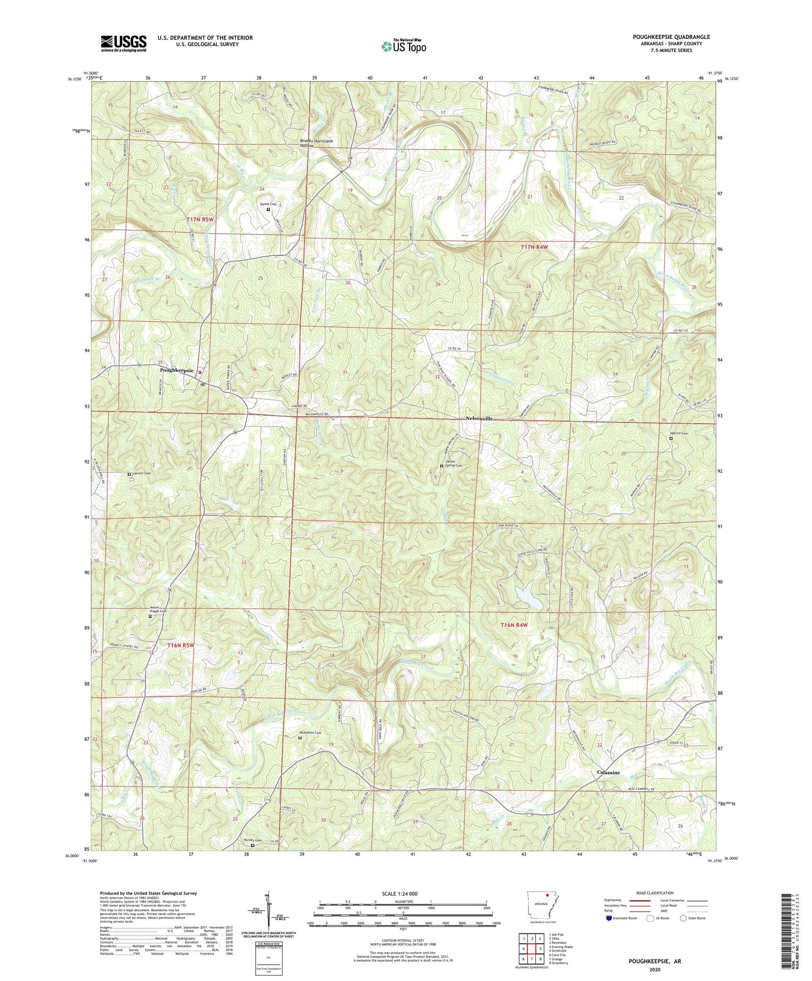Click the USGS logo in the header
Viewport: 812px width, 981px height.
(x=123, y=43)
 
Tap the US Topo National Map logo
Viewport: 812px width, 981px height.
(x=403, y=46)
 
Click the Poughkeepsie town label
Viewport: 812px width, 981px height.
(x=176, y=371)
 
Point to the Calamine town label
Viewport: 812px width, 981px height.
(x=608, y=772)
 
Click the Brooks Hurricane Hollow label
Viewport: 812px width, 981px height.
(x=317, y=143)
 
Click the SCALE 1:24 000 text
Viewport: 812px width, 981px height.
(x=403, y=893)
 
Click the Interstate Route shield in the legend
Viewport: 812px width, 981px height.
(x=608, y=918)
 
